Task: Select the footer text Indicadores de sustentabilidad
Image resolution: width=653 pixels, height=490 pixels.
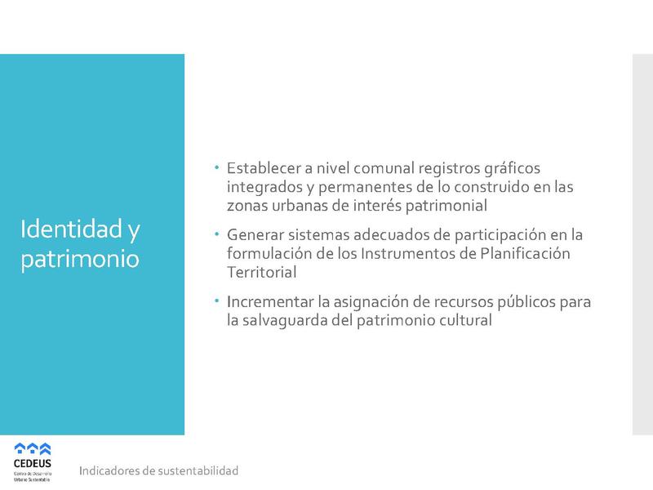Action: click(x=158, y=471)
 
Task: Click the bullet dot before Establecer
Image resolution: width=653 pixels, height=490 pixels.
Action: click(x=217, y=167)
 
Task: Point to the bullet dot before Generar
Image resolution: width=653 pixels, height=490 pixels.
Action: click(x=217, y=234)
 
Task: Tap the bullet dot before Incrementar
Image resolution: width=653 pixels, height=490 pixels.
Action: click(x=217, y=301)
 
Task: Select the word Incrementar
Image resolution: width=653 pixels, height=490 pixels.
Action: click(x=273, y=303)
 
